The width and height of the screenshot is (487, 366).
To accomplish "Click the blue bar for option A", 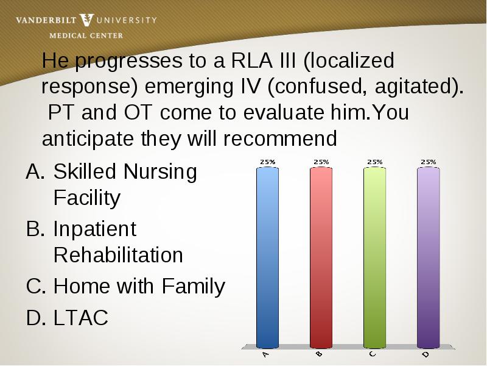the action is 267,257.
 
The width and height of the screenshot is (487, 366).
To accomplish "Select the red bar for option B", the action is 321,257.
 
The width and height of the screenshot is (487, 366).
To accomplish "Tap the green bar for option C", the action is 375,257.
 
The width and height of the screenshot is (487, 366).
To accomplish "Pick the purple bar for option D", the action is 429,257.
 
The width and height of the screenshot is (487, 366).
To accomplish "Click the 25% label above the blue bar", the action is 268,162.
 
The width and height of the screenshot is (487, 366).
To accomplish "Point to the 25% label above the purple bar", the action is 429,162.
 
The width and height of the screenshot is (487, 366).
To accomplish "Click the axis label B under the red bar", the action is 319,354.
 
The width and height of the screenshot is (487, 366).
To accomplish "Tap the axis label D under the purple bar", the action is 426,354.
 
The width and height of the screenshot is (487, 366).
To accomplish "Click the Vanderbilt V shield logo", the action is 86,20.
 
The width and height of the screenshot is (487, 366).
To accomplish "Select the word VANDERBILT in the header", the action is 46,21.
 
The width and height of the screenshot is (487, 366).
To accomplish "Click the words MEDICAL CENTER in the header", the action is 86,36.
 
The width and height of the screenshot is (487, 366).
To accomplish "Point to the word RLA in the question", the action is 252,60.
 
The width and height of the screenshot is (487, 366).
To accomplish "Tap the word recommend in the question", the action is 280,138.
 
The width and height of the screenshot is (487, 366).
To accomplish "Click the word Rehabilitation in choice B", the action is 118,255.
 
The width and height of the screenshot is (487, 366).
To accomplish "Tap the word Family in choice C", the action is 193,287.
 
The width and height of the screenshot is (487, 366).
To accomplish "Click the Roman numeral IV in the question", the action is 250,86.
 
